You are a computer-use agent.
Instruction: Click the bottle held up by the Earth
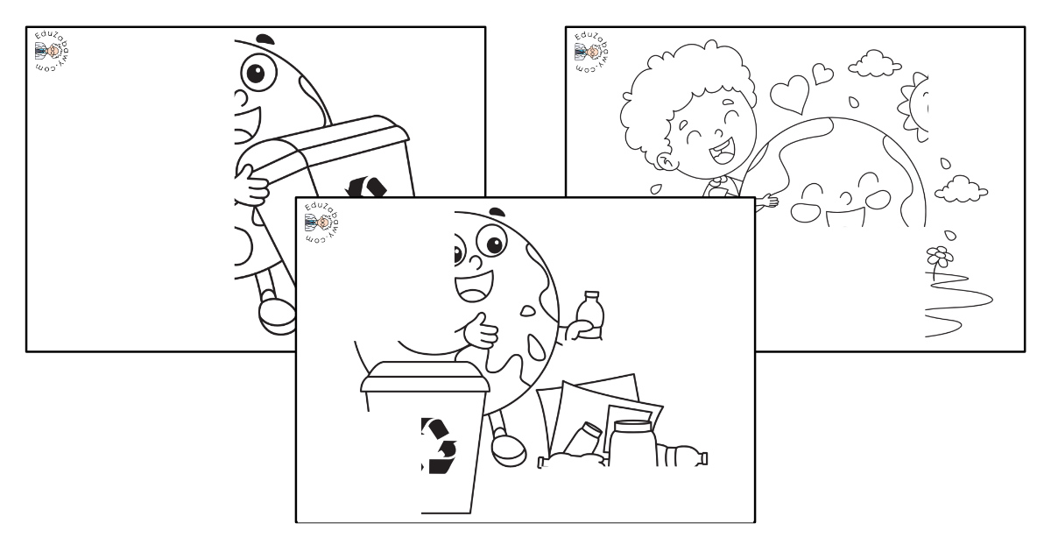pos(589,315)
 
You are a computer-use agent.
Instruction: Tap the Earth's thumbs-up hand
pos(481,331)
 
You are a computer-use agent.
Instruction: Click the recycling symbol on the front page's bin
pos(439,445)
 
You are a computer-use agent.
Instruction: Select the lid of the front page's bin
pos(425,377)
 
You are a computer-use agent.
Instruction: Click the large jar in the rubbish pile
pos(633,442)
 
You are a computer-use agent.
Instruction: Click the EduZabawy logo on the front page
pos(321,222)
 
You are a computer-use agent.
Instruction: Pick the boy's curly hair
pos(685,89)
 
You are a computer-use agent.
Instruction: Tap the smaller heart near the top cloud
pos(822,74)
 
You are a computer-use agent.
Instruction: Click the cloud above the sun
pos(875,63)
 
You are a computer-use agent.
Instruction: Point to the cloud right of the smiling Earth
pos(961,188)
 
